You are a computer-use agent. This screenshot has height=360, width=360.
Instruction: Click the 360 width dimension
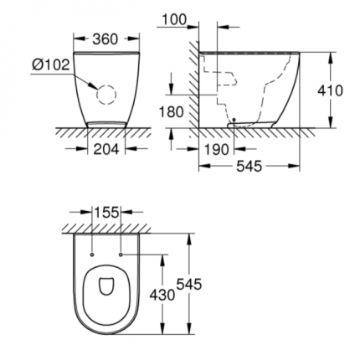click(x=105, y=39)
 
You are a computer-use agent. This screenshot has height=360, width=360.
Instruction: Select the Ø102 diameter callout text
click(x=49, y=64)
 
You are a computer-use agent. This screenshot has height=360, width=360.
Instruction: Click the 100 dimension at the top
click(x=174, y=18)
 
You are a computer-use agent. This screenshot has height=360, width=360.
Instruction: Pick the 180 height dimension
click(x=171, y=111)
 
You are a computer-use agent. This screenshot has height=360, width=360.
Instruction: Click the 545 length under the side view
click(x=249, y=166)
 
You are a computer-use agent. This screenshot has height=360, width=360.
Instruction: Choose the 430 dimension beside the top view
click(x=164, y=294)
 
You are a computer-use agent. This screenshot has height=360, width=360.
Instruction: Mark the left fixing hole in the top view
click(x=91, y=252)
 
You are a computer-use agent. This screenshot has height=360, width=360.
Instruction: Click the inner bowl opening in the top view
click(x=106, y=286)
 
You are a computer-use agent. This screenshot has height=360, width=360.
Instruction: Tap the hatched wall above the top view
click(x=106, y=228)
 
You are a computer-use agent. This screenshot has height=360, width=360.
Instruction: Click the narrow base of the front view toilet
click(x=106, y=124)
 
